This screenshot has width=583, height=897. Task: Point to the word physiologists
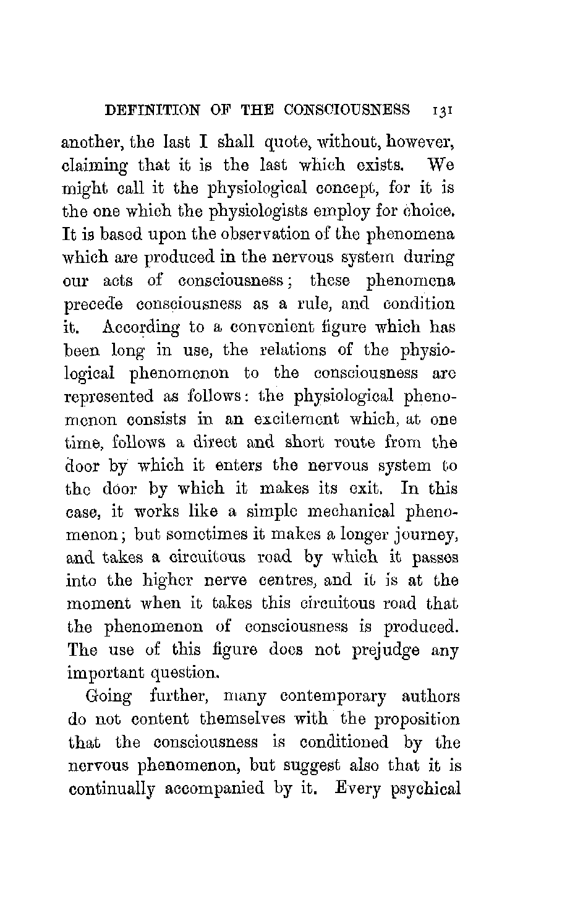(x=270, y=212)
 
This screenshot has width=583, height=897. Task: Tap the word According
(x=141, y=327)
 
